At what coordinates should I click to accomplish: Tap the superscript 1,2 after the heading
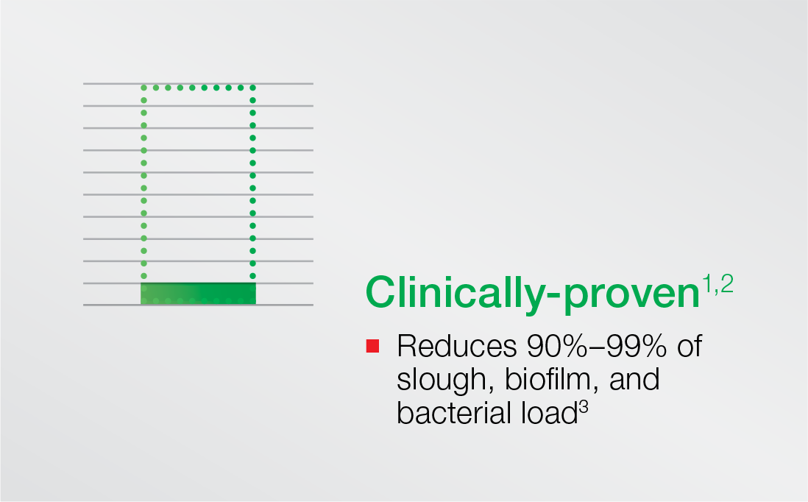pos(717,284)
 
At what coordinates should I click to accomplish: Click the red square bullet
pos(372,346)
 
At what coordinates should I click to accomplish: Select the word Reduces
pos(456,346)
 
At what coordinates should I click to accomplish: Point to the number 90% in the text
pos(557,346)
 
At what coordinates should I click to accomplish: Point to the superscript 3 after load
pos(583,406)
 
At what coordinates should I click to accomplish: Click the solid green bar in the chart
pos(199,293)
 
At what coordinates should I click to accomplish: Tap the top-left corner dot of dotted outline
pos(143,88)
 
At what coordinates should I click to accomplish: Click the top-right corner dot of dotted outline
pos(252,88)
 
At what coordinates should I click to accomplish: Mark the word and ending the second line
pos(634,379)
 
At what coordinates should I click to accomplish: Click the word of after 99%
pos(690,346)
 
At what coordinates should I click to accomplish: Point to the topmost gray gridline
pos(199,83)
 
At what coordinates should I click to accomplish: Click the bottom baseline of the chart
pos(199,305)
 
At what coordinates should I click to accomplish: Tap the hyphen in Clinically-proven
pos(552,297)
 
